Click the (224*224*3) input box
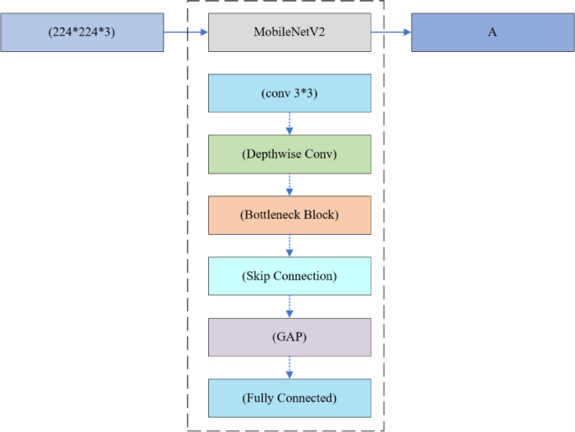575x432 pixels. click(x=81, y=33)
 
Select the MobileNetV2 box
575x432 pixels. click(x=289, y=33)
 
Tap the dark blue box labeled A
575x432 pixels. click(x=493, y=33)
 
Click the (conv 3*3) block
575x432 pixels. click(x=289, y=93)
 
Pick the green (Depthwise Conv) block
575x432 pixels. click(x=289, y=154)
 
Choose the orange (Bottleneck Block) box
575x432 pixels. click(x=289, y=215)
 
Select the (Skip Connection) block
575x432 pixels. click(x=289, y=276)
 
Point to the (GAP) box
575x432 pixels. click(x=289, y=336)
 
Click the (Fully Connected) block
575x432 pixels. click(x=289, y=398)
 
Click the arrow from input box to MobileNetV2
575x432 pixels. click(x=186, y=33)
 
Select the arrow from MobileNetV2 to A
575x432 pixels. click(x=391, y=33)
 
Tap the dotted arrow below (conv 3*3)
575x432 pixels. click(x=290, y=123)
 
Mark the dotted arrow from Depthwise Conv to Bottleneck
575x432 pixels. click(x=290, y=185)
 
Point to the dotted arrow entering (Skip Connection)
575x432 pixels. click(x=290, y=245)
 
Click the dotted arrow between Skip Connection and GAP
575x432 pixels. click(x=290, y=306)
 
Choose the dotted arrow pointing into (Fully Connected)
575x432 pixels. click(x=290, y=367)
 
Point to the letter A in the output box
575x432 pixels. click(x=493, y=33)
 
